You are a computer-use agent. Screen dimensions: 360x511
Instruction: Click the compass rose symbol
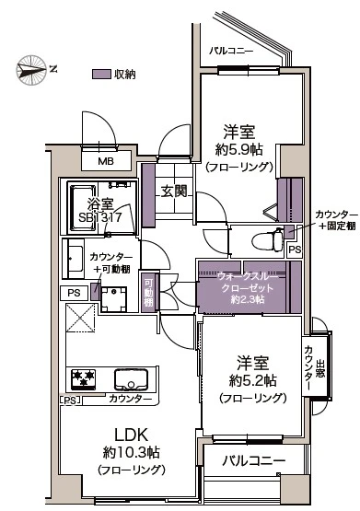31,70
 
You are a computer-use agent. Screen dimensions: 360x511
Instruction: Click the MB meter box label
106,161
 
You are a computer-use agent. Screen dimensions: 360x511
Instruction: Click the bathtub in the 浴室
82,208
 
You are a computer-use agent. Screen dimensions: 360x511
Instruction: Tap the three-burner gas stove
83,378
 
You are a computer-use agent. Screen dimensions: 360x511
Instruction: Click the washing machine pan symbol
113,299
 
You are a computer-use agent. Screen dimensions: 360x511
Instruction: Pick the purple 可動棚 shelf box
149,292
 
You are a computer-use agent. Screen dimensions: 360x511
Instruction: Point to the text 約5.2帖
253,380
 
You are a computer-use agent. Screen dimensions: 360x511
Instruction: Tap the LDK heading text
131,435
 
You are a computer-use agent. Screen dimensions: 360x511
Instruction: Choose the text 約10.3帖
132,452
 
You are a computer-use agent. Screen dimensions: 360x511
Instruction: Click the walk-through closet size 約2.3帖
248,299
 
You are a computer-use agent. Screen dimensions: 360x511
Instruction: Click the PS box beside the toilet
295,250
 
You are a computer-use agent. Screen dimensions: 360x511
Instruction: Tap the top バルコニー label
231,52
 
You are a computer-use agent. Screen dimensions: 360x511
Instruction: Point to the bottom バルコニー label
254,460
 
